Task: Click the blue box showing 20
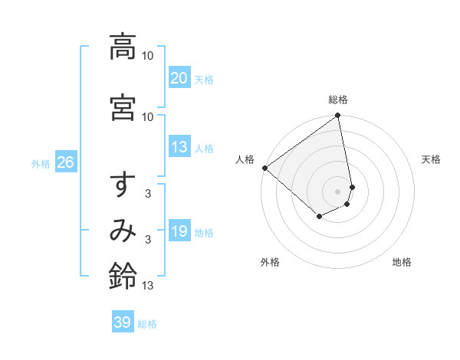point(179,78)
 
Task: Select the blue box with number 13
point(179,147)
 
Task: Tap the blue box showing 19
point(179,231)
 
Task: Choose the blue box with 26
point(65,162)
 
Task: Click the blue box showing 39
point(123,322)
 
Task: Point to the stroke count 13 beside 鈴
point(148,286)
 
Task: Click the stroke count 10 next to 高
point(148,56)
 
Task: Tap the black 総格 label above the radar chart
point(338,100)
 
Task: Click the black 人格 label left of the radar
point(245,159)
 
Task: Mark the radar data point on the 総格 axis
point(338,116)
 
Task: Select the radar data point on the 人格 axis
point(264,167)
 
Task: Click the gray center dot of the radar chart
point(338,191)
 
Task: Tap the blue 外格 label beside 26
point(41,163)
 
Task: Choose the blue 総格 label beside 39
point(147,323)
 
